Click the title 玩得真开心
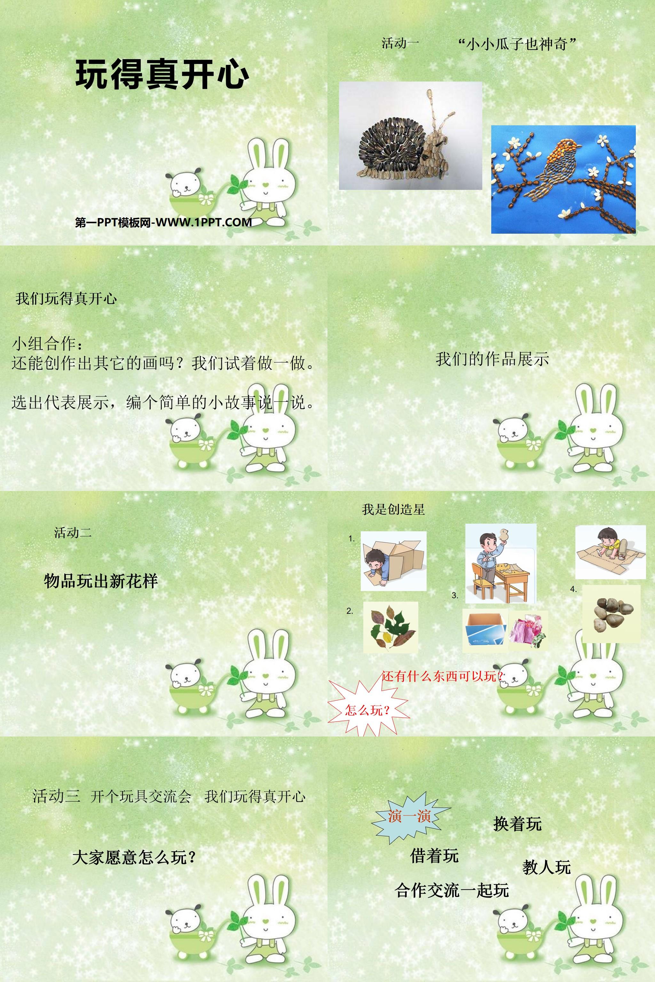click(162, 75)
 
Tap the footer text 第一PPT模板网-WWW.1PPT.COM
click(163, 222)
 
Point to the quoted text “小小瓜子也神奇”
click(517, 44)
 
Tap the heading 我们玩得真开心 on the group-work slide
click(66, 299)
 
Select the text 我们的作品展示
click(492, 359)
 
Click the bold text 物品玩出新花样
click(101, 581)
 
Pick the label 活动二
click(73, 532)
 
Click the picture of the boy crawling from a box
click(393, 561)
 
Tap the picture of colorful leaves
click(391, 627)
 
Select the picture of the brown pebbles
click(611, 613)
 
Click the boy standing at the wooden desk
click(501, 564)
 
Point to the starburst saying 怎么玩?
click(367, 709)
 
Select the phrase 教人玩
click(546, 867)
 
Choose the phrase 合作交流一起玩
click(452, 890)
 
